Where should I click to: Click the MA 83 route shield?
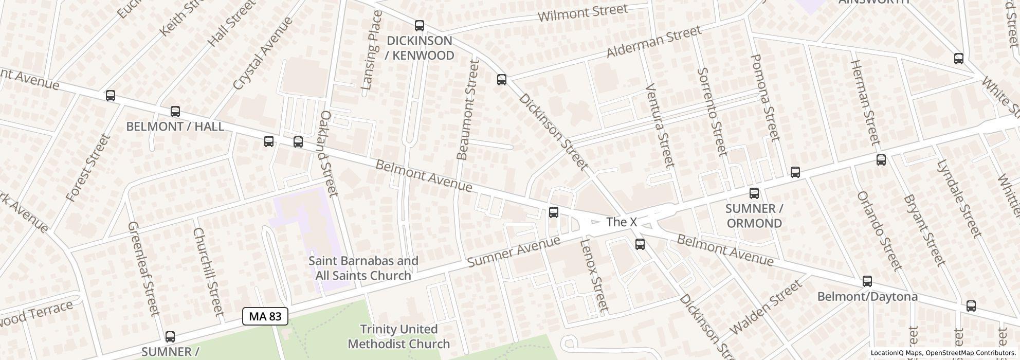point(265,316)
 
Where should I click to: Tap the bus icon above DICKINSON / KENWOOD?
point(420,25)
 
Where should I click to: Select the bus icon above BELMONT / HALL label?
point(175,112)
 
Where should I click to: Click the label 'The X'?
point(621,222)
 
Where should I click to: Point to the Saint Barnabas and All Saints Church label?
point(363,268)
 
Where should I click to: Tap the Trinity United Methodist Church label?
point(398,336)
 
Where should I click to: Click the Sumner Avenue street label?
point(513,252)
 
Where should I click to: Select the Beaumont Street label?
point(468,109)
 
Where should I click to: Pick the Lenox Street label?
point(594,276)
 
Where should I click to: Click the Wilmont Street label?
point(582,13)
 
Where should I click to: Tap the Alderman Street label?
point(653,42)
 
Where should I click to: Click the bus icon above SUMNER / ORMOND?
point(754,193)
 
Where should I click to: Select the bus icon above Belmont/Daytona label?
point(867,281)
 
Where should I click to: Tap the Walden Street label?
point(765,307)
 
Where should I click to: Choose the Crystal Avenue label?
point(262,53)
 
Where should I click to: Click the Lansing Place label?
point(372,50)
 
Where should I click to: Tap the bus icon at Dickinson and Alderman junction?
point(502,80)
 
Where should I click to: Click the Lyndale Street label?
point(959,199)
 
